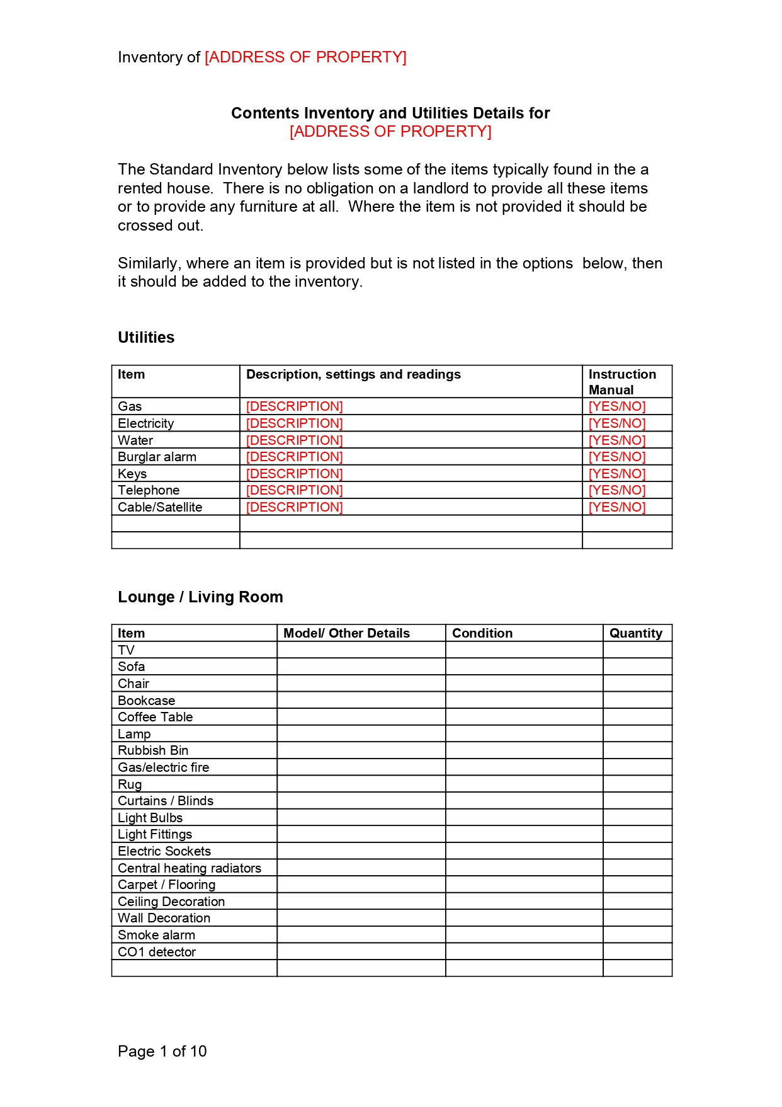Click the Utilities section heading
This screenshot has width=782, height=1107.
[146, 338]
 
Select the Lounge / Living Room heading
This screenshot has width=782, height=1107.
[200, 597]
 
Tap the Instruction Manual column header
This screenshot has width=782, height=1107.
[622, 382]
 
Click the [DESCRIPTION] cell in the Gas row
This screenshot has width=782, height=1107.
[295, 406]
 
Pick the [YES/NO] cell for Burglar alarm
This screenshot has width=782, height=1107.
[617, 457]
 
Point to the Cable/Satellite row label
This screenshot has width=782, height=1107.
[160, 507]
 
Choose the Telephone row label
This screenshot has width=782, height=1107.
[149, 490]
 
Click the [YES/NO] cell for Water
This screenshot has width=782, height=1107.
[617, 440]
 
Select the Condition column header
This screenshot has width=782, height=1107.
[482, 633]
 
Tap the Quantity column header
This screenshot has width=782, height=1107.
[636, 633]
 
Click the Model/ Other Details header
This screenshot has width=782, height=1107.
[346, 633]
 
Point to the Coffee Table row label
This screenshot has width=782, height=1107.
[156, 717]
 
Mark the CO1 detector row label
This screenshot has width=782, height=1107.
[157, 952]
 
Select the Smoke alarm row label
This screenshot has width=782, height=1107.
[157, 935]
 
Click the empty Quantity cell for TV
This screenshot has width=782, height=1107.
[637, 650]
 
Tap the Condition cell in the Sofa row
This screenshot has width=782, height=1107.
[524, 667]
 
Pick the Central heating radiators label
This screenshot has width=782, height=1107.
[190, 868]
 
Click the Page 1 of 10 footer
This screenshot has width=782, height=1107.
[162, 1052]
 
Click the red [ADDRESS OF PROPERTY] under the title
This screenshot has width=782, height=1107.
[390, 132]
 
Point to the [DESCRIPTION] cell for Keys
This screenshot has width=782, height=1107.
[295, 474]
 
